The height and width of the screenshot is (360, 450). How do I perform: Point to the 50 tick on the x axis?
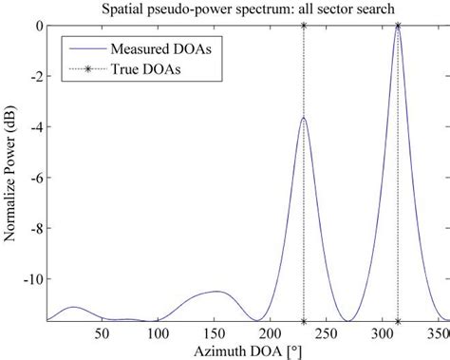(x=102, y=333)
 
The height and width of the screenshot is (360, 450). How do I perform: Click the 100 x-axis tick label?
(x=157, y=333)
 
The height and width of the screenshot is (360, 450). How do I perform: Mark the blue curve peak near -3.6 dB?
(x=303, y=118)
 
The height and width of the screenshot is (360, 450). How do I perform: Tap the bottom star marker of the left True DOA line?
(x=304, y=321)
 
